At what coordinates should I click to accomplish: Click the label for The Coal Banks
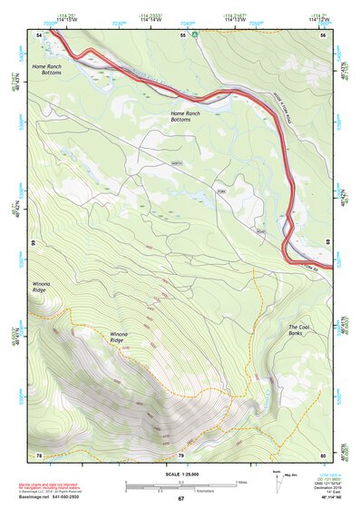coord(303,330)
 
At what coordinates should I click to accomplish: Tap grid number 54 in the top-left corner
coord(40,34)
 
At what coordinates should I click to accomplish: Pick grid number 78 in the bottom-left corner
coord(39,455)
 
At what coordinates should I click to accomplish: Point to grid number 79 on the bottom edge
coord(180,455)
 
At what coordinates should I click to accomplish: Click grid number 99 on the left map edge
coord(33,244)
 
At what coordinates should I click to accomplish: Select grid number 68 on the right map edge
coord(328,240)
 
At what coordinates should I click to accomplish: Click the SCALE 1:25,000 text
coord(180,473)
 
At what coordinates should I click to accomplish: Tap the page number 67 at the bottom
coord(180,499)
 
